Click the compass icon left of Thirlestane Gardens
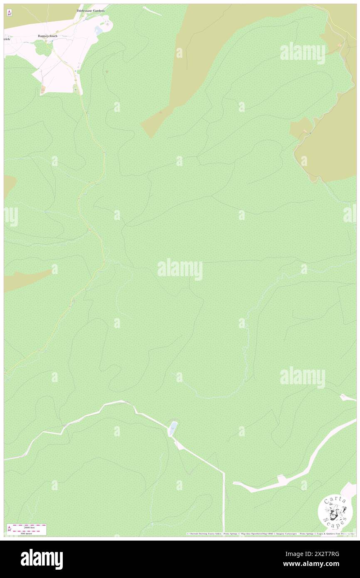(x=9, y=13)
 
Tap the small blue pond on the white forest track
(x=173, y=428)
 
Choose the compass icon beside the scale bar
(x=9, y=529)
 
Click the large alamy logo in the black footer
(x=42, y=559)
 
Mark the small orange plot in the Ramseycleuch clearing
(x=43, y=89)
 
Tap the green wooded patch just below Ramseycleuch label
(x=41, y=49)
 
